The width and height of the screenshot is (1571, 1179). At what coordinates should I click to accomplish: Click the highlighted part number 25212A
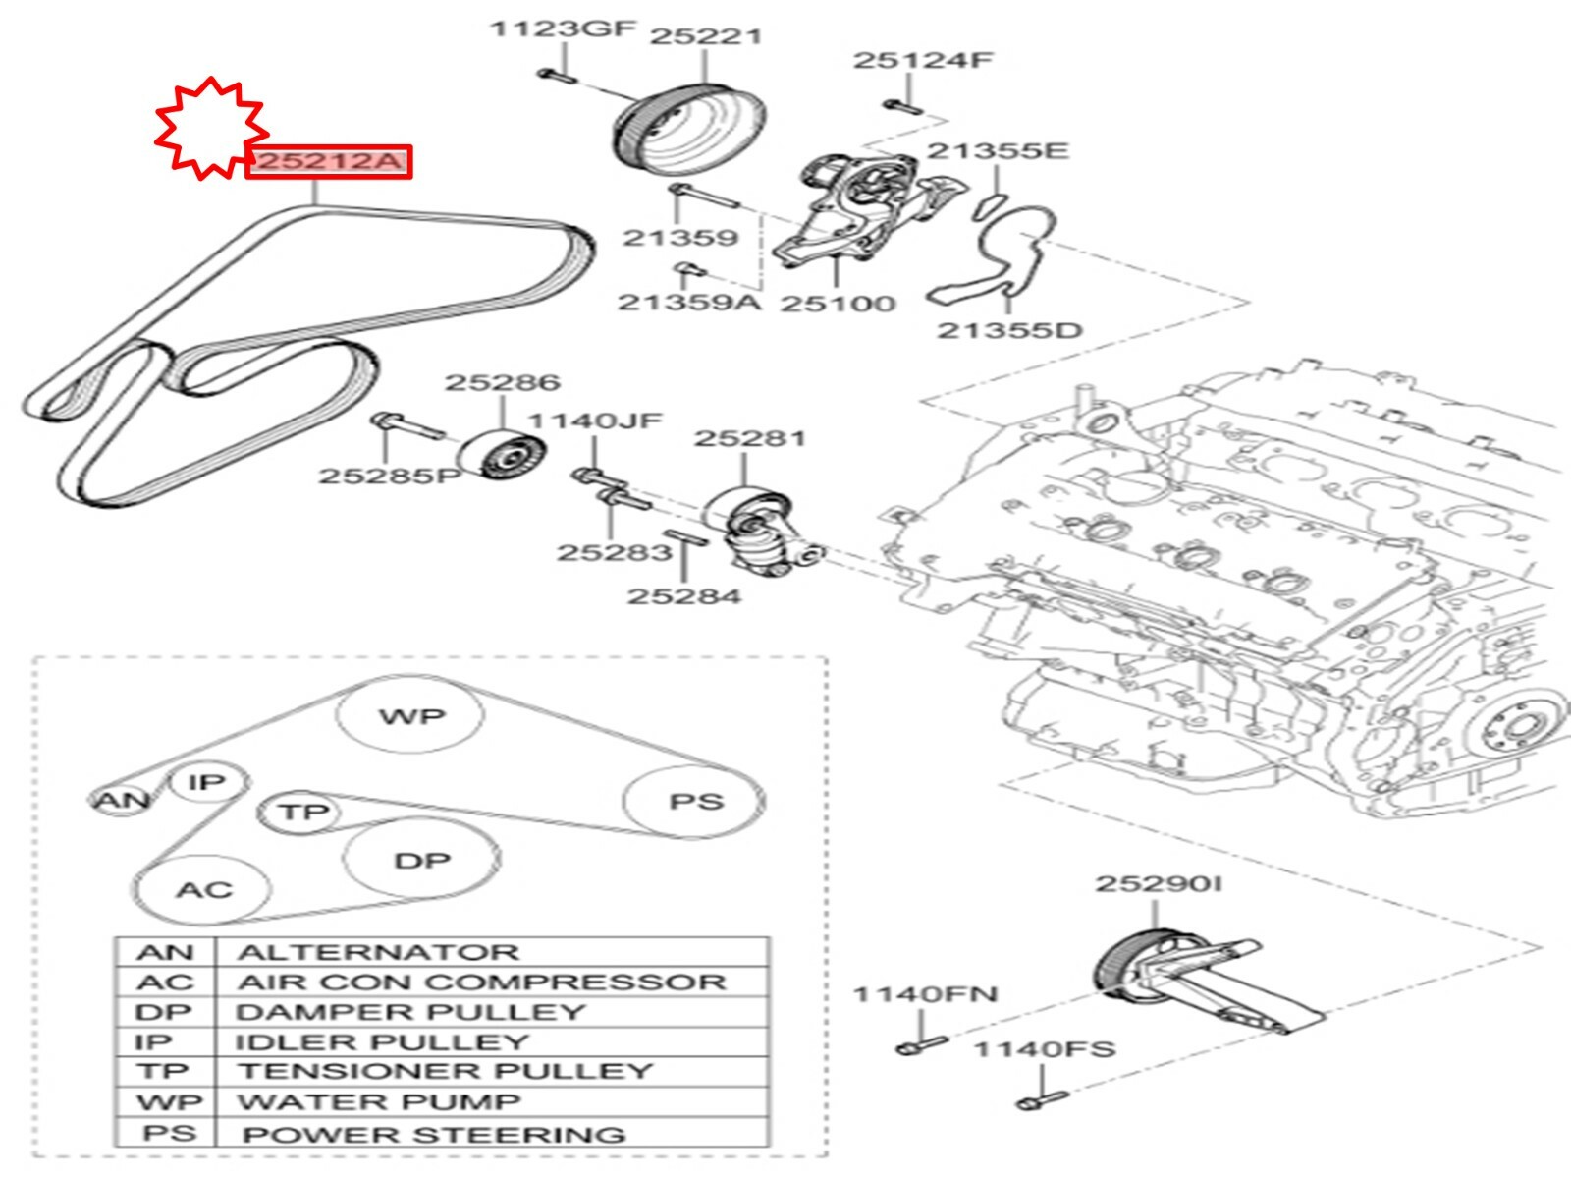point(328,161)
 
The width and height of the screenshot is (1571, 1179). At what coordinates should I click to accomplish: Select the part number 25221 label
point(705,36)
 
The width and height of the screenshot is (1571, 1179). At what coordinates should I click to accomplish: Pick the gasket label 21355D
point(1009,330)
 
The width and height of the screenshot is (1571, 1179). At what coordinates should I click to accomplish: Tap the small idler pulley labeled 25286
point(504,456)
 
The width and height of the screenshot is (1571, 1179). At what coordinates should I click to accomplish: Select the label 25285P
point(389,476)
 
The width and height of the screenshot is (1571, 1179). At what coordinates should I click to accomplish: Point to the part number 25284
point(684,595)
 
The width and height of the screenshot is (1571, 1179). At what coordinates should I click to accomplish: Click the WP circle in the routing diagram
point(410,716)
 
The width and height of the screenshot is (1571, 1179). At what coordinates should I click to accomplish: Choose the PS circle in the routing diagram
point(695,802)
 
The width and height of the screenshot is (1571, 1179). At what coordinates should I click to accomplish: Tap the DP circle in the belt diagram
point(421,861)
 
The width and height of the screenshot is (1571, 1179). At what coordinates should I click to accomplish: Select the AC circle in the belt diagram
point(203,890)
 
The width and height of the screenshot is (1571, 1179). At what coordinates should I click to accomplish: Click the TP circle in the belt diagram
point(301,812)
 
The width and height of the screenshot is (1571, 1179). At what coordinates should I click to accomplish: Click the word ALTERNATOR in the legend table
point(378,952)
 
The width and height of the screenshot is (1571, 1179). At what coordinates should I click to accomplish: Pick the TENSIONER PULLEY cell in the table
point(445,1071)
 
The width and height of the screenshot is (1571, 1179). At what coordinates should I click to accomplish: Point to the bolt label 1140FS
point(1044,1049)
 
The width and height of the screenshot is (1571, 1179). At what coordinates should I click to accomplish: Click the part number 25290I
point(1159,884)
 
